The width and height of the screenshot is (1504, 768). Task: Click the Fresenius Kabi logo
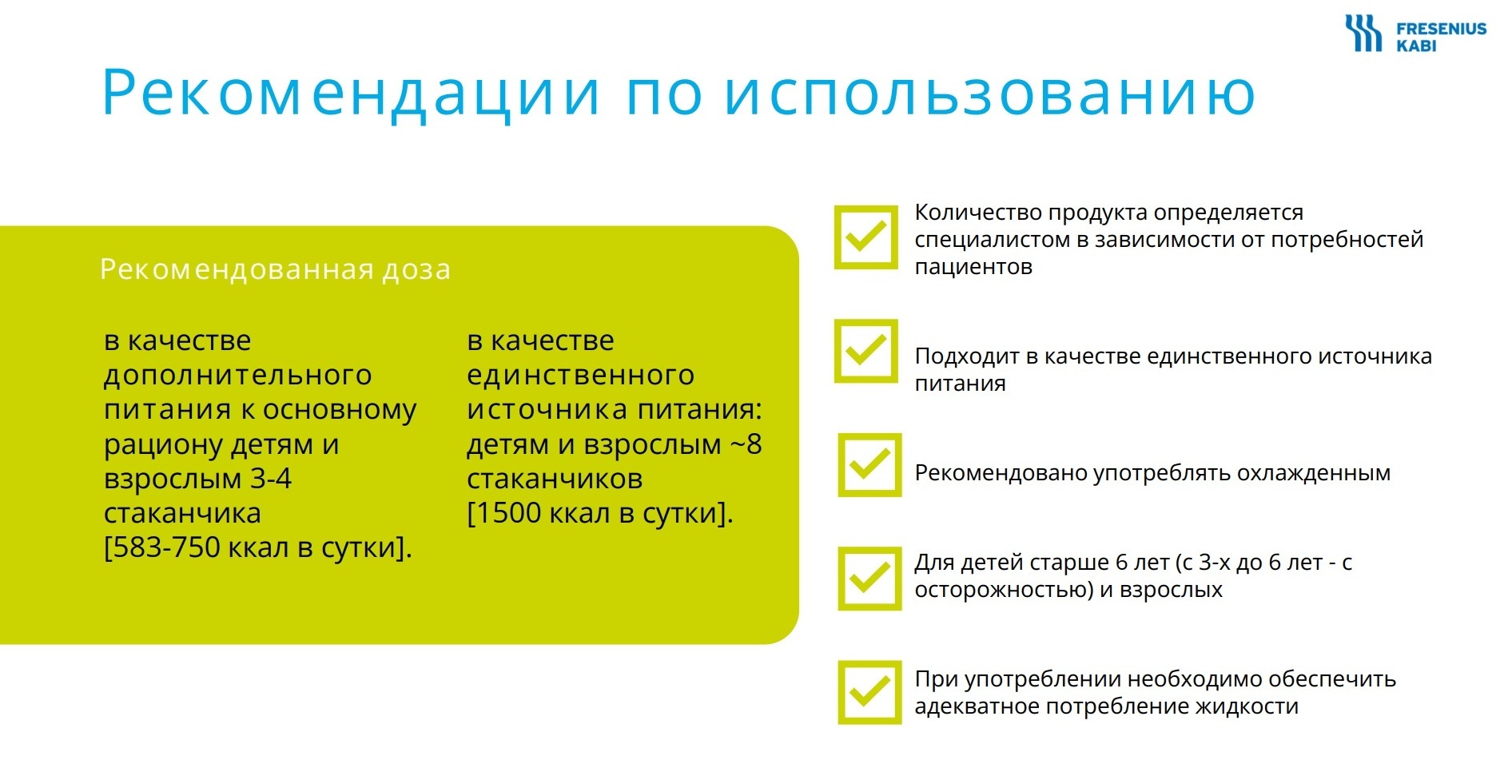tap(1414, 34)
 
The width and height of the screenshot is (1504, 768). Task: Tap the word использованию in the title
tap(989, 94)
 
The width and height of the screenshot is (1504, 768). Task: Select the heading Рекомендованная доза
tap(275, 270)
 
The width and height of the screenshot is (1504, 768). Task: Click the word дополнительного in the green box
tap(238, 376)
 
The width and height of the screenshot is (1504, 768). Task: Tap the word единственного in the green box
tap(581, 376)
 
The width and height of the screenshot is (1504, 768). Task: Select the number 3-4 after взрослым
tap(271, 479)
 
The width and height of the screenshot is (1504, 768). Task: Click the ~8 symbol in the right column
tap(746, 444)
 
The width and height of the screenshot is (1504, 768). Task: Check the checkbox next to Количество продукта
tap(866, 237)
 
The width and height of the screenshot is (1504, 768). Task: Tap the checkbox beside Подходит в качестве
tap(866, 352)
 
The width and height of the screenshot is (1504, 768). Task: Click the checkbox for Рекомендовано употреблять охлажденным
tap(869, 465)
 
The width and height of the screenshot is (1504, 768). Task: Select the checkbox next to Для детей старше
tap(869, 579)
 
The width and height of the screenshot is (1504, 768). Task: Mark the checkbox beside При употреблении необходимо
tap(869, 692)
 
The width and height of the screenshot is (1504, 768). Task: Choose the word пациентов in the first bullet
tap(973, 267)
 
